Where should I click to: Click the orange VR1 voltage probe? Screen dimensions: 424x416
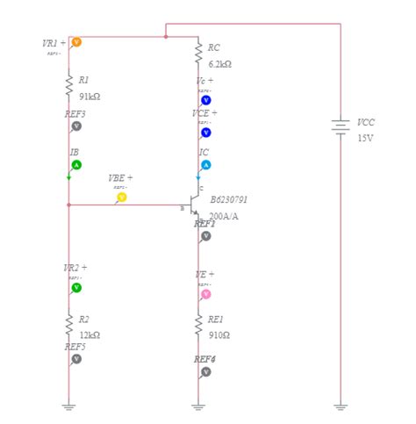pyautogui.click(x=76, y=42)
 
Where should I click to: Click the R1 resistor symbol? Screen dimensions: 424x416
pyautogui.click(x=68, y=85)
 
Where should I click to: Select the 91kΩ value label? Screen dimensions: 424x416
pyautogui.click(x=90, y=97)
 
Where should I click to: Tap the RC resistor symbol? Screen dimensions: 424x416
pyautogui.click(x=198, y=53)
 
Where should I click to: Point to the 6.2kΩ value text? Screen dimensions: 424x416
pyautogui.click(x=219, y=64)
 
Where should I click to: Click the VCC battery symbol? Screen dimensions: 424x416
pyautogui.click(x=341, y=127)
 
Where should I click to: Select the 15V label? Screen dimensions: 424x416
pyautogui.click(x=365, y=138)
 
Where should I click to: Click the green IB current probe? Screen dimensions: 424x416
pyautogui.click(x=76, y=165)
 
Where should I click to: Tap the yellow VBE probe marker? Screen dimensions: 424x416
pyautogui.click(x=121, y=198)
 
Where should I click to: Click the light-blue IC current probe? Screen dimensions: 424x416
pyautogui.click(x=206, y=165)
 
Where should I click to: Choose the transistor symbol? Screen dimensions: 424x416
pyautogui.click(x=195, y=207)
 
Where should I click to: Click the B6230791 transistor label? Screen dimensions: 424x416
pyautogui.click(x=228, y=200)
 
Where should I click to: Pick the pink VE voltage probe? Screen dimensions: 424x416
pyautogui.click(x=206, y=294)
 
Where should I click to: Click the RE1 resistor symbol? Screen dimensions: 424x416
pyautogui.click(x=198, y=325)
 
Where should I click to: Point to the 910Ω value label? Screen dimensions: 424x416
pyautogui.click(x=219, y=335)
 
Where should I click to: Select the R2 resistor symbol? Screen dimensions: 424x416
pyautogui.click(x=68, y=325)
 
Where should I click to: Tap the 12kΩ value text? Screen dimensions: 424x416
pyautogui.click(x=90, y=335)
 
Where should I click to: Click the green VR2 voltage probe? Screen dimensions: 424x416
pyautogui.click(x=76, y=287)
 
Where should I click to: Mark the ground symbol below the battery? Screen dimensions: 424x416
pyautogui.click(x=341, y=406)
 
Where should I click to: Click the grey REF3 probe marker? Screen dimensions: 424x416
pyautogui.click(x=76, y=126)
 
